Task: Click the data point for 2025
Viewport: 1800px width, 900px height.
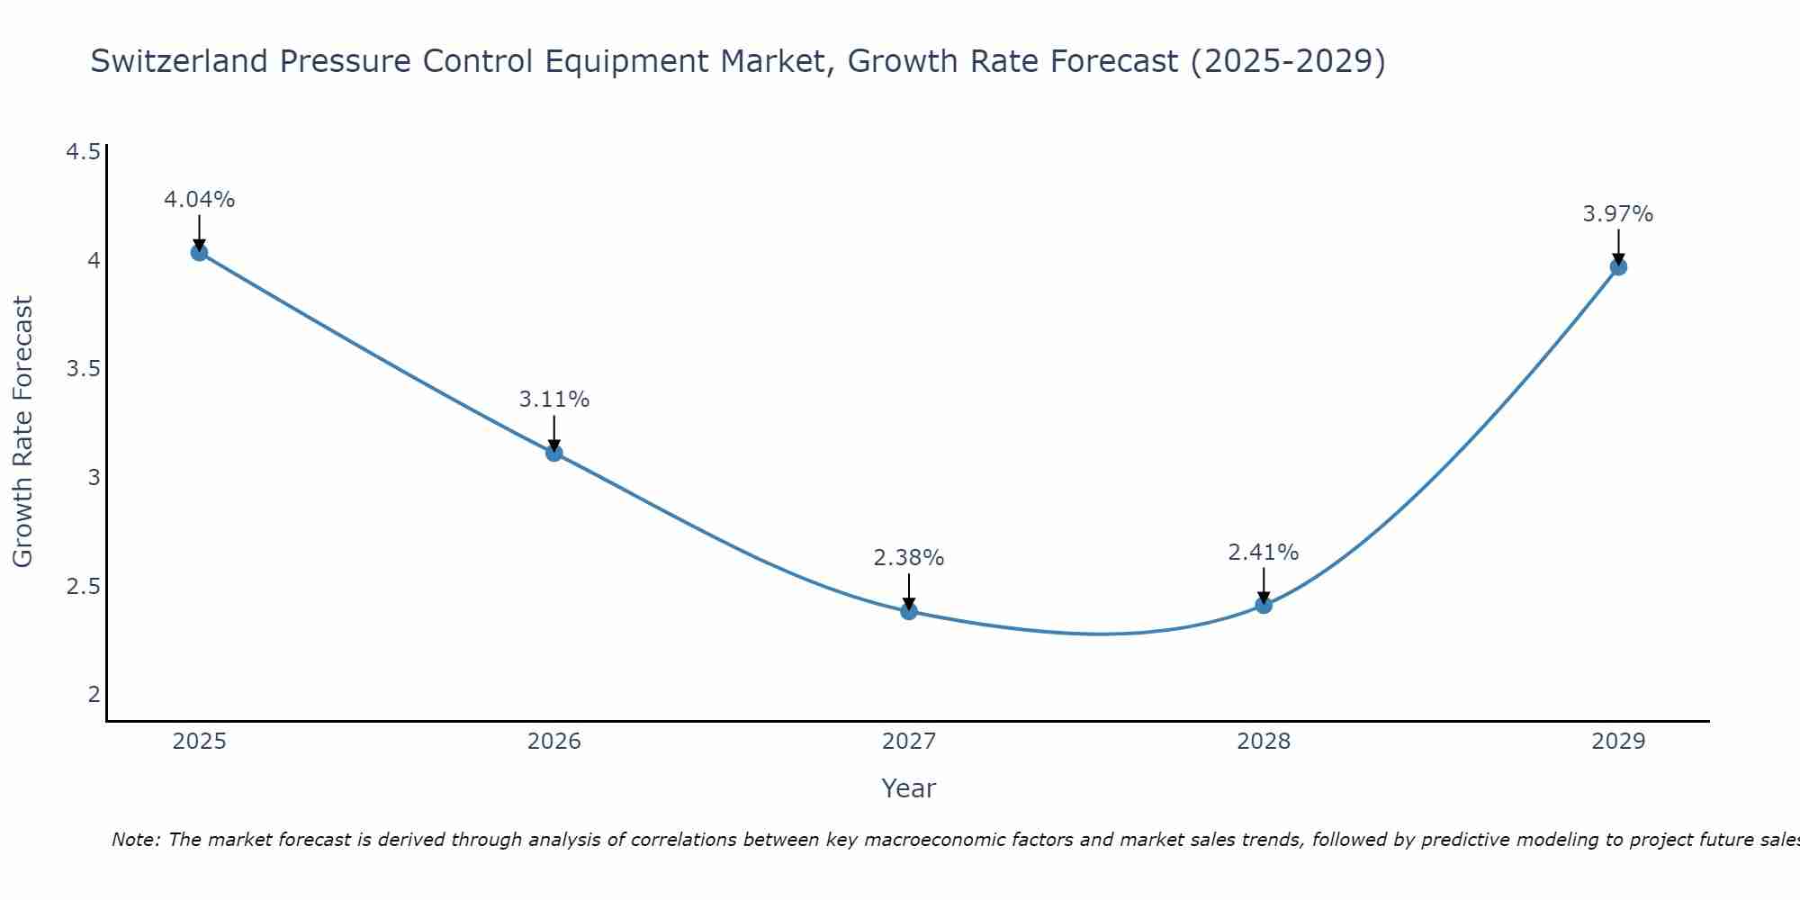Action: (199, 252)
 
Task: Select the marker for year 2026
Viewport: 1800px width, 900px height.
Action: (554, 453)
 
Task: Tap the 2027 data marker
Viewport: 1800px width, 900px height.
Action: (909, 611)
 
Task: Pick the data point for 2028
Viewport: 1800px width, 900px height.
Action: (1264, 605)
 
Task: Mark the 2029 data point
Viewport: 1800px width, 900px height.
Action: (1618, 266)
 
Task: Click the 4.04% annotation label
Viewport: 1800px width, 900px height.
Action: (199, 200)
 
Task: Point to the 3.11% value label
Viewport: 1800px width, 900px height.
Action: (554, 400)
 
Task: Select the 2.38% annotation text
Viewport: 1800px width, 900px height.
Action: (909, 558)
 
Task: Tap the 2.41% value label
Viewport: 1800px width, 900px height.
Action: (1264, 553)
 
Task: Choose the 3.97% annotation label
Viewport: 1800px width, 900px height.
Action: (1618, 214)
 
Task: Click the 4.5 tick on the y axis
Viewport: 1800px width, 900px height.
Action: (83, 152)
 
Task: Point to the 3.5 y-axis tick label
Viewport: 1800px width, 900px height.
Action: (83, 369)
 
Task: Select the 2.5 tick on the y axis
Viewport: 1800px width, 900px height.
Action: (83, 587)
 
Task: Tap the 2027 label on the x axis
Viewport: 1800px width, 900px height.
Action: (909, 742)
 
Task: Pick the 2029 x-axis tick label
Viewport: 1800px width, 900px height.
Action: (1618, 742)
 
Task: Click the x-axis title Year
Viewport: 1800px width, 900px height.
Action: (909, 788)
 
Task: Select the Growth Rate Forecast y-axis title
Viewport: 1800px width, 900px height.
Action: (22, 432)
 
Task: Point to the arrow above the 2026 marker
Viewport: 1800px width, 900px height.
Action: (554, 432)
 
